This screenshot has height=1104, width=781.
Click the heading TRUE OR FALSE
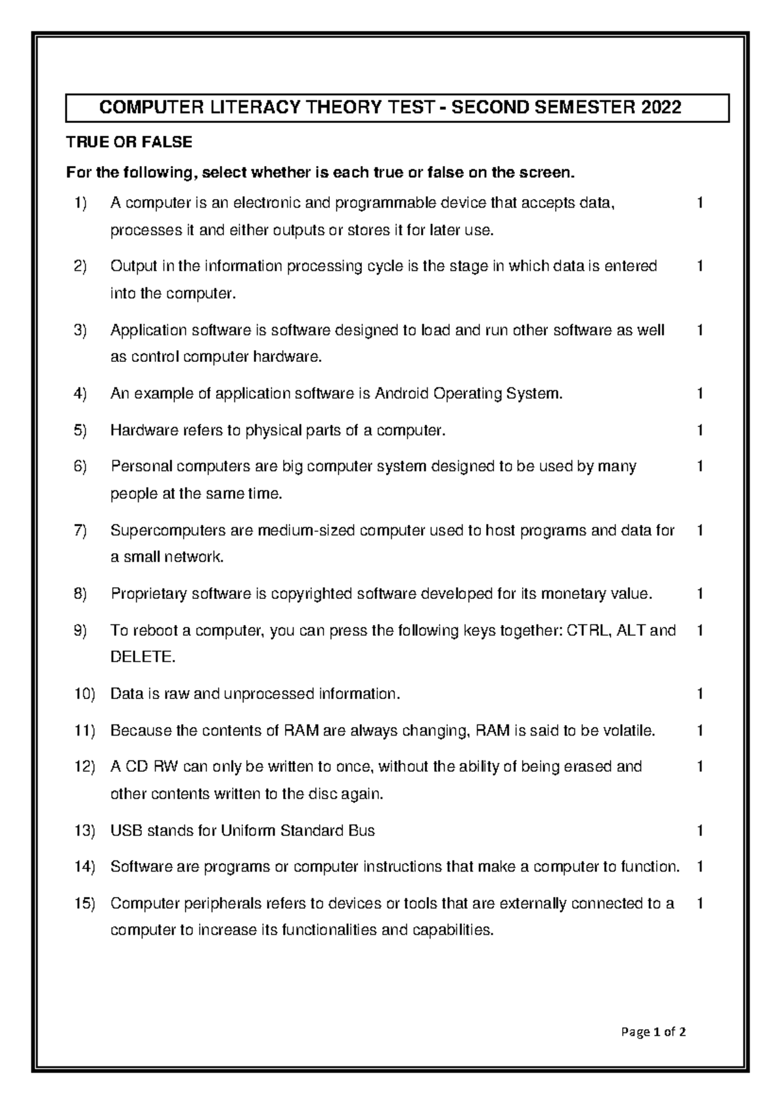pos(129,142)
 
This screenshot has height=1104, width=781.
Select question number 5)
pos(80,430)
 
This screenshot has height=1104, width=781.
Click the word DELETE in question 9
pos(142,657)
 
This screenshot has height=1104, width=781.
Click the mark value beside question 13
pos(700,831)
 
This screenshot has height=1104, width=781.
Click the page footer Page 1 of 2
pos(653,1032)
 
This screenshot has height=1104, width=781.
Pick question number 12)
pos(84,767)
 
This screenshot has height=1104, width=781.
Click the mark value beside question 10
pos(700,694)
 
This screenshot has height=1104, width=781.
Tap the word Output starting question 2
pos(133,266)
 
